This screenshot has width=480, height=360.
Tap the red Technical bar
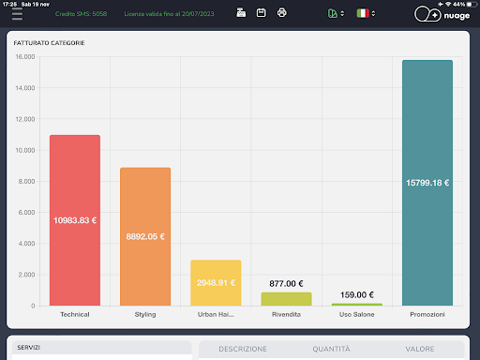[x=75, y=220]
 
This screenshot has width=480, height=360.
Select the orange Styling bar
[x=145, y=236]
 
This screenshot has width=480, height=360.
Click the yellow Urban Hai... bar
[x=216, y=282]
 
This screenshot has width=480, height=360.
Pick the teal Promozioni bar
[x=427, y=183]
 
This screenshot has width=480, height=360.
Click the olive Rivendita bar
[x=286, y=299]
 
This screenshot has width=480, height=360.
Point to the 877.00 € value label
[x=286, y=284]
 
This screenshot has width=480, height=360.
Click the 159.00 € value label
[x=357, y=295]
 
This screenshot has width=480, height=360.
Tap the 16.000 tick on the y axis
[x=25, y=57]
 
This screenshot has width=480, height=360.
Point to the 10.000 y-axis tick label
[x=25, y=150]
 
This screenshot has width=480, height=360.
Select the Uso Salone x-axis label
[x=357, y=314]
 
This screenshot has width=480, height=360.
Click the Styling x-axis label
[x=145, y=314]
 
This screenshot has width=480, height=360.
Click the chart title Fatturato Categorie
[x=49, y=43]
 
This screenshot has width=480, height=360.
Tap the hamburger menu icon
[x=17, y=14]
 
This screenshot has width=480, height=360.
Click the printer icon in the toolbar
[x=282, y=13]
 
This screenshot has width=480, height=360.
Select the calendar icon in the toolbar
[x=262, y=13]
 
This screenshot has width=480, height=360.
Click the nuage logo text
[x=457, y=15]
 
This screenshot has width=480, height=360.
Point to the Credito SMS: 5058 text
[x=81, y=14]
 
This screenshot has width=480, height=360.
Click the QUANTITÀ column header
[x=331, y=349]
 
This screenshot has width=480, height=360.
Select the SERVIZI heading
[x=28, y=348]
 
